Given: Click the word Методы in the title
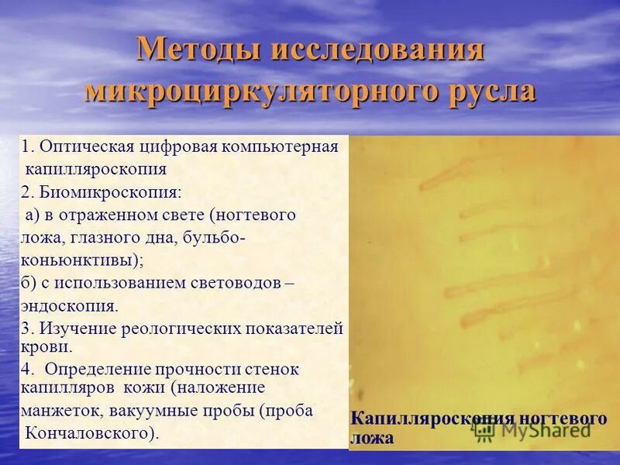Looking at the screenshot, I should click(x=197, y=51).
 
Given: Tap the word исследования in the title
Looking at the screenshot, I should click(x=377, y=51).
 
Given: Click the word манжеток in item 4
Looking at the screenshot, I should click(x=61, y=411).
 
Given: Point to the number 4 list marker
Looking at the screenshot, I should click(x=26, y=370).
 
